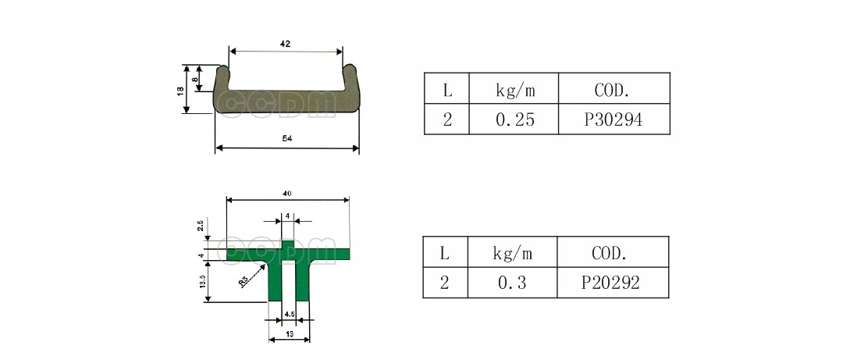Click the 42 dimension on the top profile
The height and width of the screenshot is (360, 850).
click(285, 45)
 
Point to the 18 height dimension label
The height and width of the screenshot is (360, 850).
click(180, 90)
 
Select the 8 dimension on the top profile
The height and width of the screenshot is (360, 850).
click(195, 78)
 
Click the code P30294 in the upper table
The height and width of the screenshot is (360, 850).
click(614, 120)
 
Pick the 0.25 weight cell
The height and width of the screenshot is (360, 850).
click(514, 120)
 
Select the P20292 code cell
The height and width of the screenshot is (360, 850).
click(613, 283)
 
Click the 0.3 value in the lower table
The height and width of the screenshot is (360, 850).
click(512, 283)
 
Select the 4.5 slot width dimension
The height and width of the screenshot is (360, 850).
click(289, 314)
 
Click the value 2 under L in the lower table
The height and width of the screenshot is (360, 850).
click(445, 283)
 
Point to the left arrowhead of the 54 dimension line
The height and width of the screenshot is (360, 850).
click(219, 148)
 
